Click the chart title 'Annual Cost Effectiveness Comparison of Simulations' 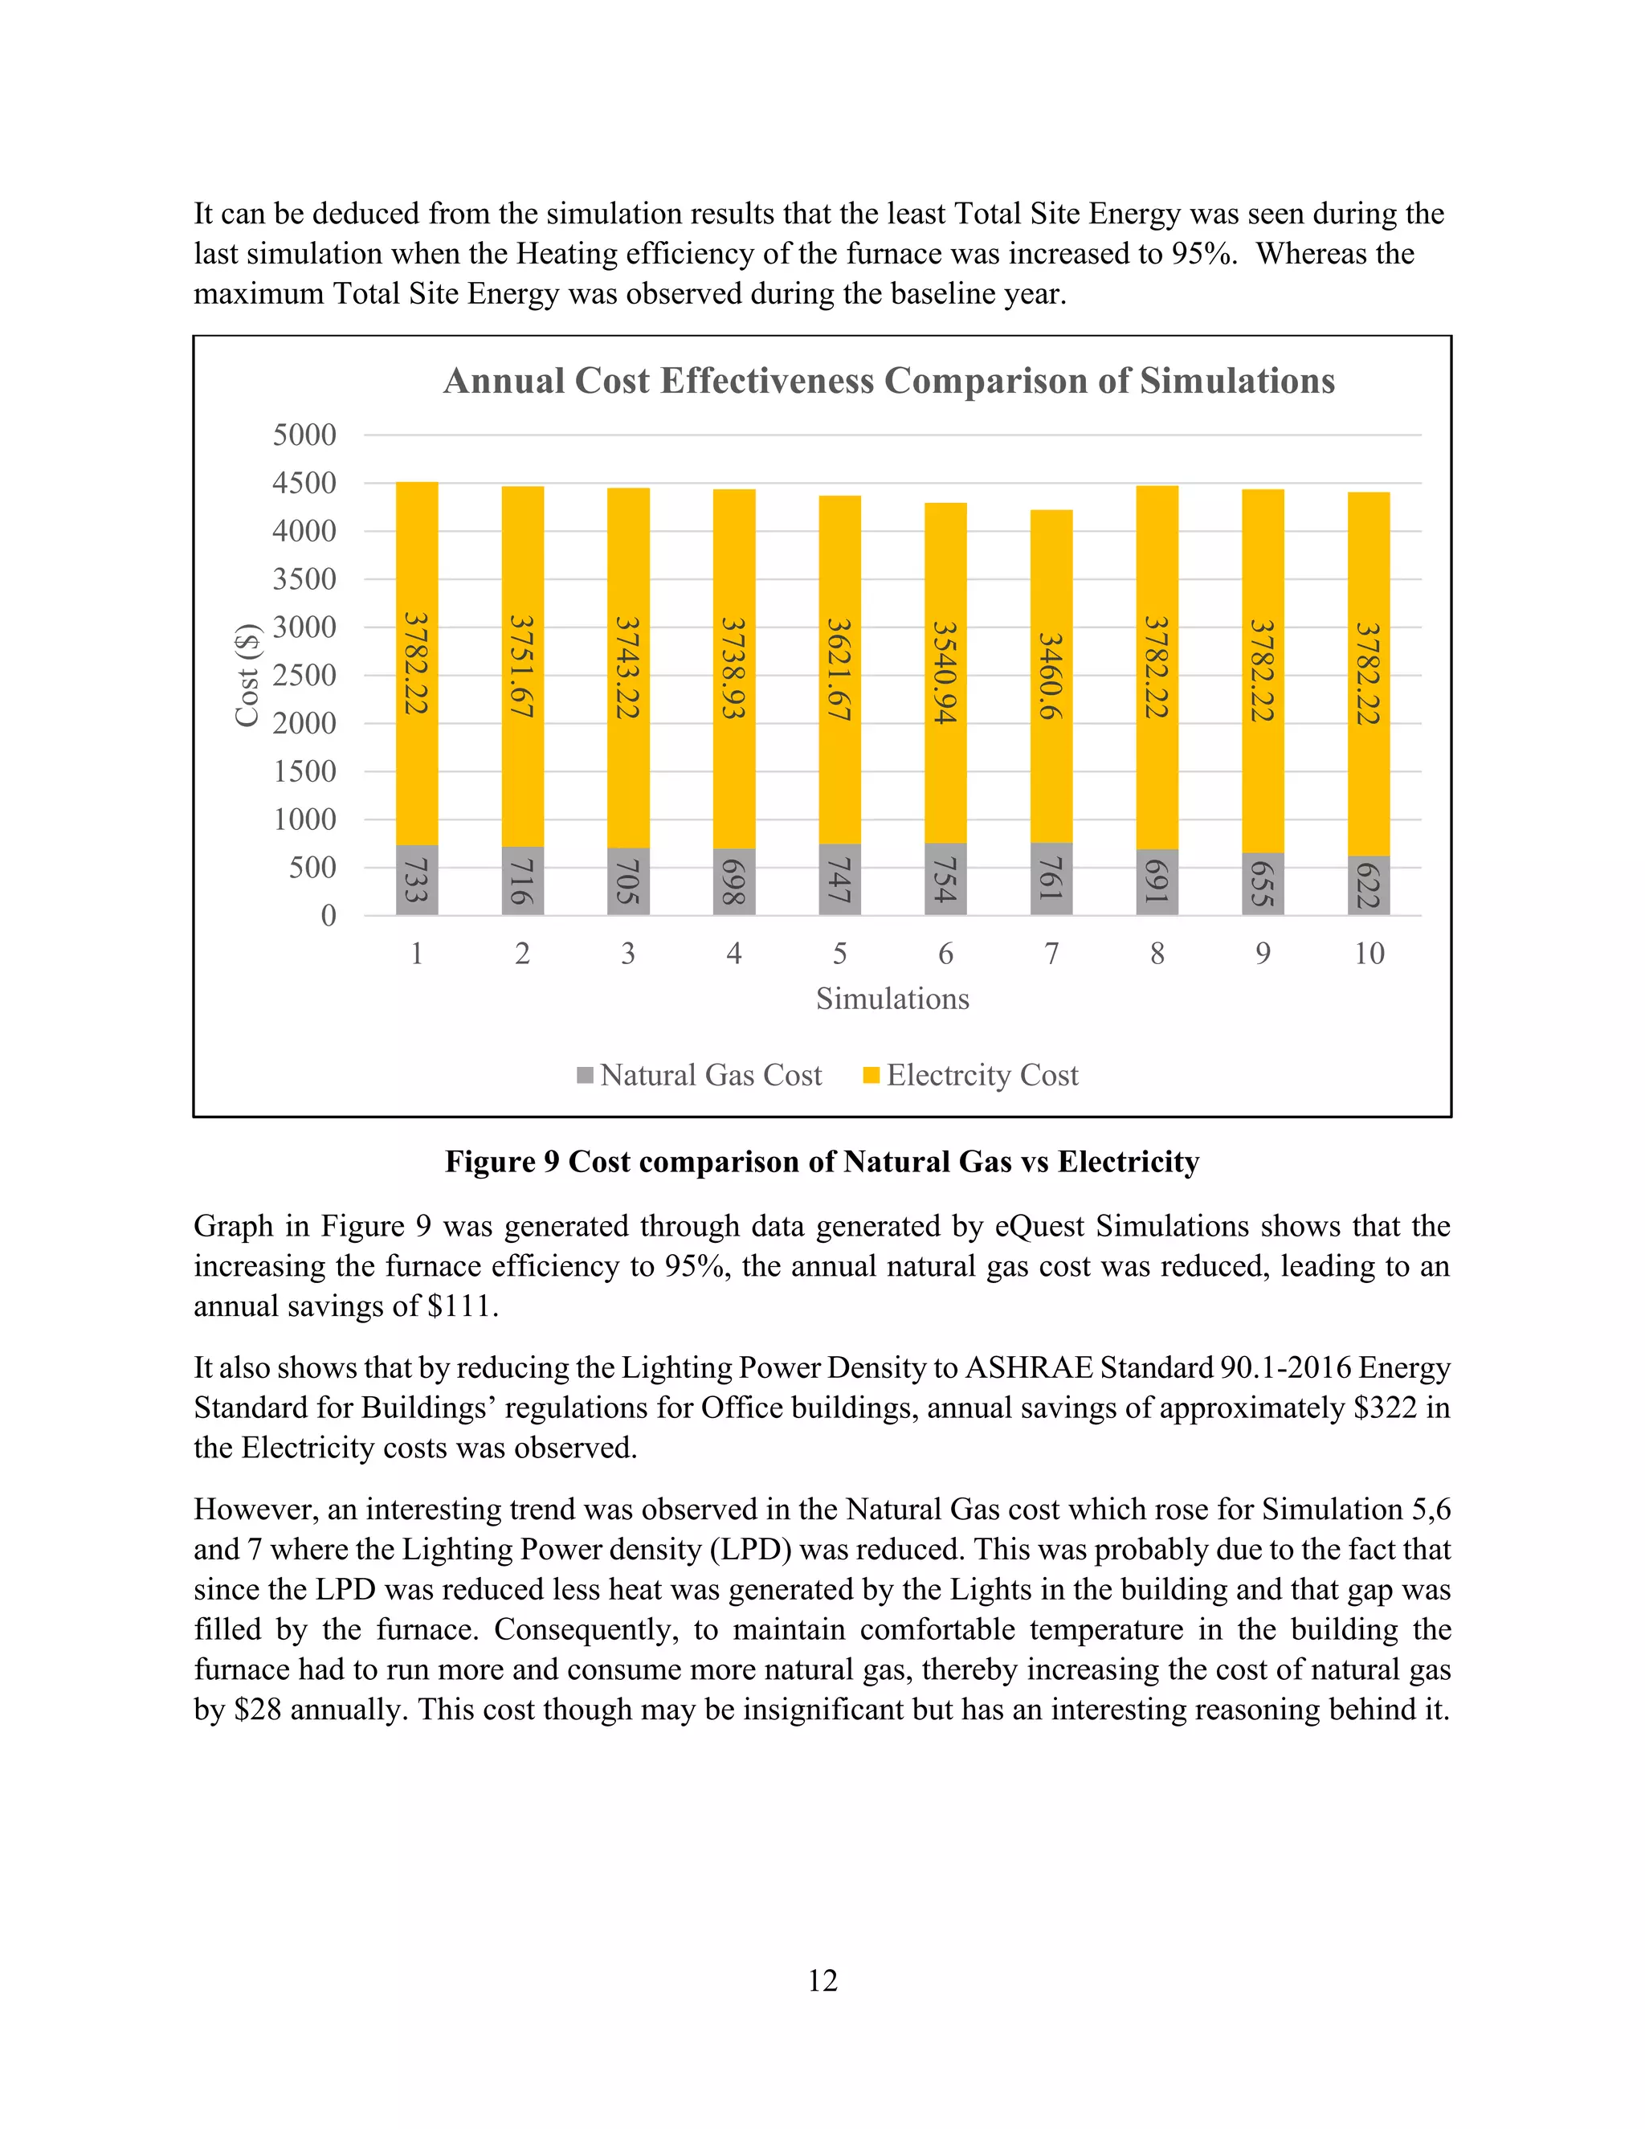[889, 381]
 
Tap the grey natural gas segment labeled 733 [417, 881]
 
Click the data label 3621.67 [839, 670]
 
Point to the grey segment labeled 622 [1368, 885]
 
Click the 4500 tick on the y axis [304, 484]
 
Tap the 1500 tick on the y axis [304, 772]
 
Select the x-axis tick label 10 [1368, 954]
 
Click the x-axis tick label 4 [734, 954]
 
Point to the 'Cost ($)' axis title [247, 675]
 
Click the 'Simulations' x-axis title [892, 999]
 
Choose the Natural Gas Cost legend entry [700, 1075]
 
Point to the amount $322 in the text [1385, 1408]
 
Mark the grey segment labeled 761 [1051, 879]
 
